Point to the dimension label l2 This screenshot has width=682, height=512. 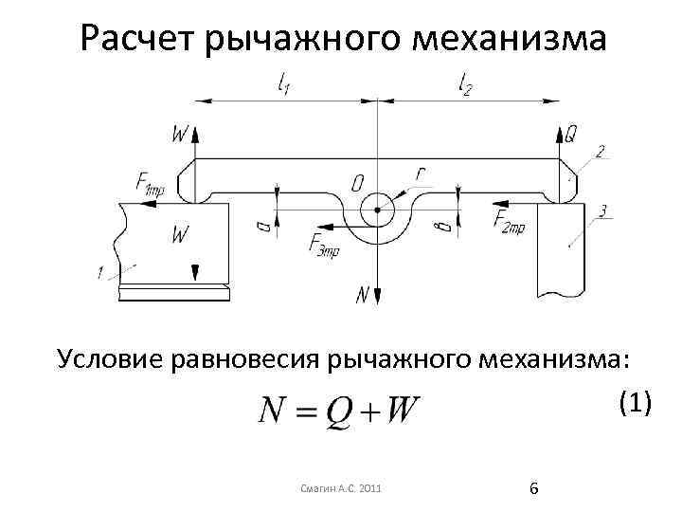point(465,86)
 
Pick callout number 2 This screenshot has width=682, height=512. point(600,151)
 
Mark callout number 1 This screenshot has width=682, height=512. point(100,274)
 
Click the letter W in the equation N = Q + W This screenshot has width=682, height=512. point(404,412)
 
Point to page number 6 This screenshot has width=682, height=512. point(534,487)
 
